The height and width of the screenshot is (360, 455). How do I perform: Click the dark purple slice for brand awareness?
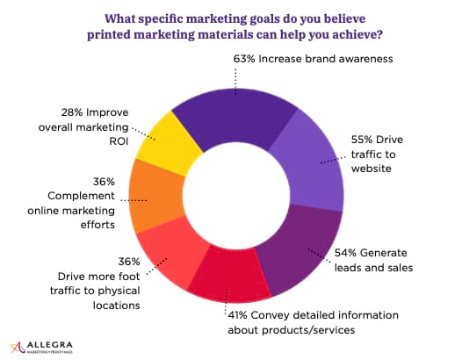coord(235,117)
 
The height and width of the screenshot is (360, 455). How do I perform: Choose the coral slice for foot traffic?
coord(170,253)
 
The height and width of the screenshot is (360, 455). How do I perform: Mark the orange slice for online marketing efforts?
coord(155,197)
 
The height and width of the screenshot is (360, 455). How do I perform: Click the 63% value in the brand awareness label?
coord(244,59)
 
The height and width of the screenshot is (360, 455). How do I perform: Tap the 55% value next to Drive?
coord(362,140)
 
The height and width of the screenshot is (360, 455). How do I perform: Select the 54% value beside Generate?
coord(345,253)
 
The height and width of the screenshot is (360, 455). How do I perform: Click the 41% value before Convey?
coord(238,315)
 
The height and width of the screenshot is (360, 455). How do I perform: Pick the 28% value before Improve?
coord(72,112)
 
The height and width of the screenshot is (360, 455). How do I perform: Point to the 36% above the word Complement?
coord(104,182)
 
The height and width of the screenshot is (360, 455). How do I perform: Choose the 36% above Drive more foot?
coord(129,262)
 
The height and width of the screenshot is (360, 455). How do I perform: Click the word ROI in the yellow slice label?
coord(119,141)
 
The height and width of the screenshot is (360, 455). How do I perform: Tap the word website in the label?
coord(372,169)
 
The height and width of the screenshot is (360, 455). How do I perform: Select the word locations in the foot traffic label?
coord(117,306)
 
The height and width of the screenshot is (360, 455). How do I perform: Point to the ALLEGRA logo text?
coord(49,345)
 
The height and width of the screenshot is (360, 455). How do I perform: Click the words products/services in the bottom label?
coord(308,330)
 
